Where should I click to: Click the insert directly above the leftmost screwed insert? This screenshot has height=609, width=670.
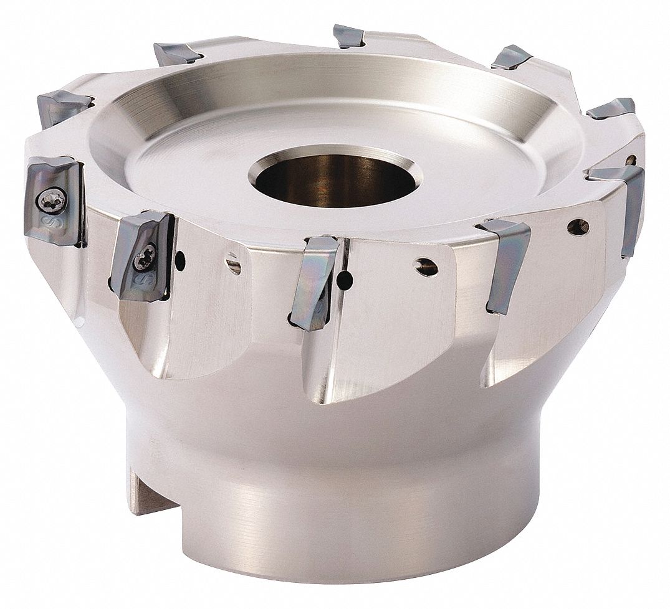62,105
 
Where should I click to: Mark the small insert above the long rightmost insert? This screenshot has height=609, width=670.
611,109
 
